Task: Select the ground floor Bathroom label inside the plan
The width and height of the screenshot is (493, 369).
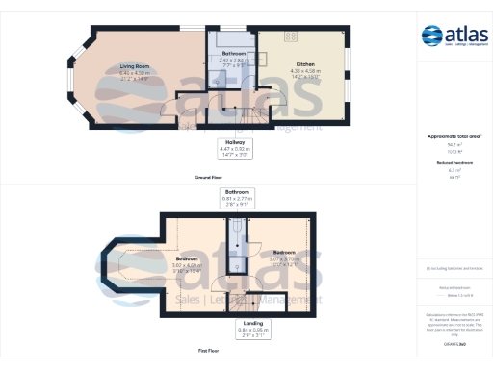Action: [234, 53]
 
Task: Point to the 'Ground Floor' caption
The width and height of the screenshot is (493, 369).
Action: [209, 179]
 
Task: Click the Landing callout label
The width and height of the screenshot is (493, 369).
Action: [253, 323]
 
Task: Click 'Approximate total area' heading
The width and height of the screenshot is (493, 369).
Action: [454, 137]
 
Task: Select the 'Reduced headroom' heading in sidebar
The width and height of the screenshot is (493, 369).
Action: [454, 164]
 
